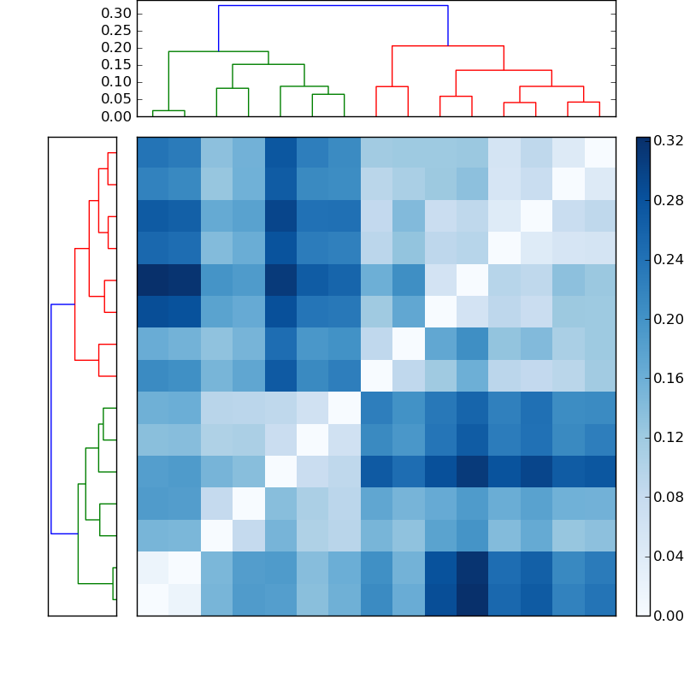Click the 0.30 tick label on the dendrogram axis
coord(115,13)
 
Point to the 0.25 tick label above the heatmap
coord(115,30)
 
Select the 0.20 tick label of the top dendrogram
coord(115,47)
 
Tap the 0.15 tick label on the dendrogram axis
coord(115,64)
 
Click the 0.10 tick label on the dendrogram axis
coord(115,81)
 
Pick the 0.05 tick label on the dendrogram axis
coord(115,98)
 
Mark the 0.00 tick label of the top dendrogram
coord(115,116)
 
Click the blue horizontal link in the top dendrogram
coord(333,5)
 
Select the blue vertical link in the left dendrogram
coord(51,419)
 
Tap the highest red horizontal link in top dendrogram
coord(447,45)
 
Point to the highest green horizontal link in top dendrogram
coord(218,51)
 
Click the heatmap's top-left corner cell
coord(152,152)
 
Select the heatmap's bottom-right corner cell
coord(599,599)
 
